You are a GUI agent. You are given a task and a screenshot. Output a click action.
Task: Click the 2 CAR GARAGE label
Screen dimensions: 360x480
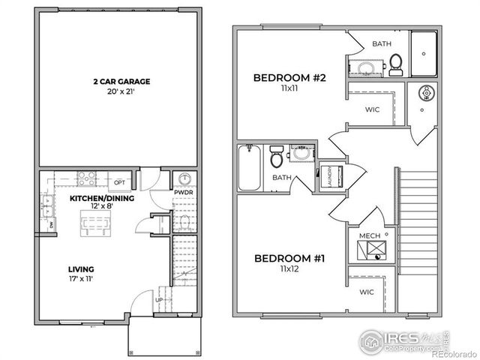pyautogui.click(x=121, y=80)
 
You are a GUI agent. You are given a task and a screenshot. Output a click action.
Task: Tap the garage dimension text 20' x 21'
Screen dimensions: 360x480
pyautogui.click(x=121, y=91)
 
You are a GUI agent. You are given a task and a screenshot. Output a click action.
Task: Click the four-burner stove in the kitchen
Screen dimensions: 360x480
pyautogui.click(x=86, y=178)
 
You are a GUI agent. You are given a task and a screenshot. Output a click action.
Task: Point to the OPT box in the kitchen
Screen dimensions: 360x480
pyautogui.click(x=119, y=182)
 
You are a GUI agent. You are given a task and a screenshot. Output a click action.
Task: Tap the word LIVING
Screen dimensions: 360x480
pyautogui.click(x=80, y=268)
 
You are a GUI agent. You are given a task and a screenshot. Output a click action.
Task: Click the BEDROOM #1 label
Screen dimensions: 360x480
pyautogui.click(x=289, y=259)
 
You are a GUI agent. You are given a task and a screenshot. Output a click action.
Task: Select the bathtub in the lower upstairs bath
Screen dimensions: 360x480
pyautogui.click(x=248, y=168)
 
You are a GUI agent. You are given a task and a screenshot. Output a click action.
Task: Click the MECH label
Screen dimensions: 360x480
pyautogui.click(x=370, y=236)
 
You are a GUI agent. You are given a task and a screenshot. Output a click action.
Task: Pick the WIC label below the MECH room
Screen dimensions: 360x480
pyautogui.click(x=367, y=292)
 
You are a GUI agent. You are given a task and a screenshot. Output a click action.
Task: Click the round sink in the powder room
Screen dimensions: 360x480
pyautogui.click(x=184, y=179)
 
